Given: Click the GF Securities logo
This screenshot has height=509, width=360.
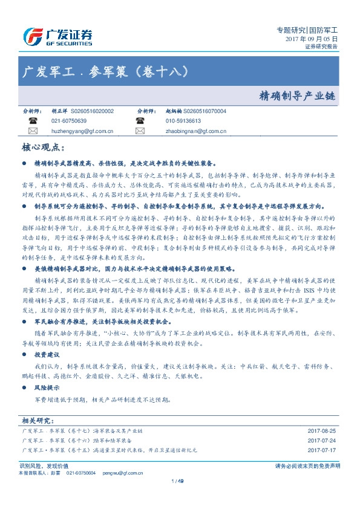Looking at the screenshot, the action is [57, 37].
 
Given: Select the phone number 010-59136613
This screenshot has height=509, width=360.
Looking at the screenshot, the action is [183, 121].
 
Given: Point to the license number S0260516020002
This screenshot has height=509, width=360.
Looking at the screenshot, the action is [92, 112].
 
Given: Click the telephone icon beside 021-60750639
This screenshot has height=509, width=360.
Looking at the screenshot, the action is [33, 121].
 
